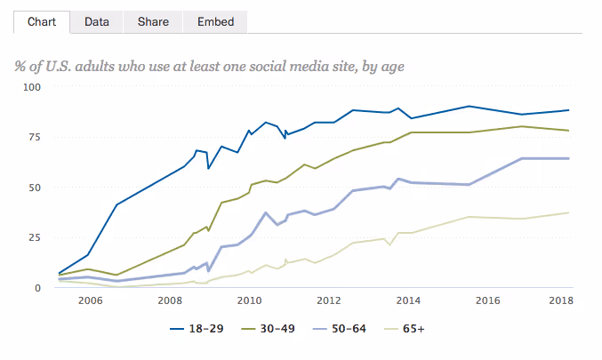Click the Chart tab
tap(42, 21)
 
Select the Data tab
tap(97, 21)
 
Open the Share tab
tap(153, 21)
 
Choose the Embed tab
tap(214, 21)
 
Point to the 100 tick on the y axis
tap(32, 87)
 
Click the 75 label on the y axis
tap(35, 137)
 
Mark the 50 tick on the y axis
tap(35, 188)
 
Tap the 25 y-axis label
tap(35, 237)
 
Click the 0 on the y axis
tap(37, 288)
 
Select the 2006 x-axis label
tap(89, 301)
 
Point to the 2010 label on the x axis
tap(248, 301)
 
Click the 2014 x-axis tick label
tap(408, 301)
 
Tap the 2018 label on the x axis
tap(560, 301)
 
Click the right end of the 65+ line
tap(568, 212)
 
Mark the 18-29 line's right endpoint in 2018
tap(568, 110)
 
